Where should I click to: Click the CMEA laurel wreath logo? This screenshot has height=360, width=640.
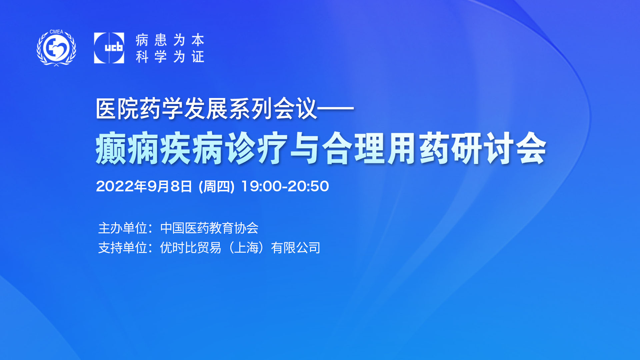coord(56,48)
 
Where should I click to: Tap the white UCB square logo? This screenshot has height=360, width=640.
coord(109,48)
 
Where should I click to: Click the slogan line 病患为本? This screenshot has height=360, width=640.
coord(170,40)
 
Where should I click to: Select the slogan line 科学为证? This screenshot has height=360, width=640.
coord(170,57)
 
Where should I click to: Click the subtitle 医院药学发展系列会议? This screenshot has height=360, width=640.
coord(206,109)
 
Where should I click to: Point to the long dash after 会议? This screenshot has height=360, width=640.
coord(335,108)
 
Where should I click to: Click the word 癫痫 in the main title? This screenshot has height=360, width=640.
coord(127,148)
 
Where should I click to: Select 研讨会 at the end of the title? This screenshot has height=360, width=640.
coord(499,148)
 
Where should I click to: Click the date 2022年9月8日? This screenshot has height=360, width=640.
coord(144,186)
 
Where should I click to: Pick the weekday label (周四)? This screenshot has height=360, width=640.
coord(217,186)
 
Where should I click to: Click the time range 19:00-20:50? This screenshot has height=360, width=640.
coord(285,186)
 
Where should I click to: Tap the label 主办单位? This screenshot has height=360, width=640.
coord(123,228)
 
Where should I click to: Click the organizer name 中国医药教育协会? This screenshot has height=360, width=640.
coord(209,228)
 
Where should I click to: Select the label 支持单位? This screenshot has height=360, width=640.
coord(123,248)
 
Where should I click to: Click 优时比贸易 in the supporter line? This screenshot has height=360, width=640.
coord(191,248)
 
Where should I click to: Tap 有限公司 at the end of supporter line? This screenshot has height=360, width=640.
coord(296,248)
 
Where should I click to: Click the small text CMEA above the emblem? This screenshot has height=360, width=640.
coord(56,32)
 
